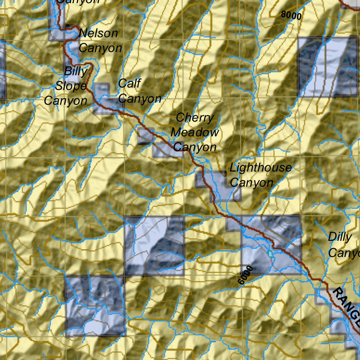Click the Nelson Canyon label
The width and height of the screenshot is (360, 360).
click(99, 40)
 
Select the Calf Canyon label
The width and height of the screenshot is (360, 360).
click(140, 91)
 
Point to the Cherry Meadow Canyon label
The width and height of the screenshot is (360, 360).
click(194, 132)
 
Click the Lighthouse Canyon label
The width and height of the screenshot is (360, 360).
click(260, 175)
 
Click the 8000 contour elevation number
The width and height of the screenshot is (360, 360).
click(291, 15)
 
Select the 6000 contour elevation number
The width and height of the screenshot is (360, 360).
click(245, 275)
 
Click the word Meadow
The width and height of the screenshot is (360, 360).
click(194, 133)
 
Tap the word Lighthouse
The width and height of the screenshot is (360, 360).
click(261, 168)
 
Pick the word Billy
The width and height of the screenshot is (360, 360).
click(76, 71)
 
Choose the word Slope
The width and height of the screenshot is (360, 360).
click(71, 86)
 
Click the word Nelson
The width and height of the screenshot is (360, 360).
click(98, 33)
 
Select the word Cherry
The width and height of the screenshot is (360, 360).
click(194, 117)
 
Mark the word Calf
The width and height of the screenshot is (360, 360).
click(129, 84)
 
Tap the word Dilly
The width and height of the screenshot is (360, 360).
click(340, 237)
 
